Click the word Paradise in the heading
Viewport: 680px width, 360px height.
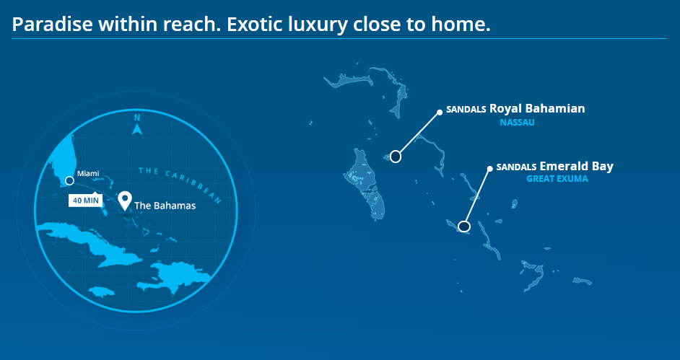[x=52, y=25]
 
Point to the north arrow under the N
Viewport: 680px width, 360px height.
[x=137, y=129]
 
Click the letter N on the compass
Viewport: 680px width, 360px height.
[x=137, y=118]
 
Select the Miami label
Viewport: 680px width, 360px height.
[x=88, y=174]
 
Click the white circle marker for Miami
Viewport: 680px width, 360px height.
[x=69, y=180]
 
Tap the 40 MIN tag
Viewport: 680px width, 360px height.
[x=85, y=201]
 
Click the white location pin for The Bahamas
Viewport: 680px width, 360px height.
[x=125, y=201]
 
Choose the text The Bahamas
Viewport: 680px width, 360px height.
[x=165, y=206]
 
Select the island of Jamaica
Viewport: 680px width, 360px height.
[x=102, y=291]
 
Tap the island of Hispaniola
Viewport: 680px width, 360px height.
[x=175, y=277]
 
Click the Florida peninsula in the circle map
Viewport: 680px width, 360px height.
[x=61, y=160]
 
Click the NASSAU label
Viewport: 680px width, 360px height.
[x=517, y=123]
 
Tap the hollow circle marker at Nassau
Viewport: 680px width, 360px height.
[x=395, y=156]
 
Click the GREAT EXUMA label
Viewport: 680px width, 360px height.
[x=557, y=178]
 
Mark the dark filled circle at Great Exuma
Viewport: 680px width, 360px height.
[x=464, y=226]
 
